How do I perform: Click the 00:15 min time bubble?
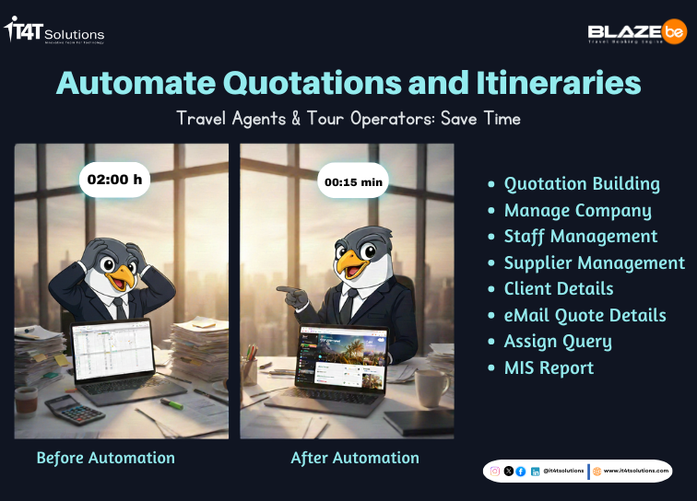pyautogui.click(x=353, y=181)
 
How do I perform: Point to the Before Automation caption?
pyautogui.click(x=105, y=458)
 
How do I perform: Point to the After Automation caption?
pyautogui.click(x=355, y=458)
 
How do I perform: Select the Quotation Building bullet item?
pyautogui.click(x=581, y=183)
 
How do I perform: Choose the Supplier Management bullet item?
pyautogui.click(x=594, y=262)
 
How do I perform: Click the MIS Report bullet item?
pyautogui.click(x=549, y=368)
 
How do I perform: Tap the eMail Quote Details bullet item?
pyautogui.click(x=585, y=315)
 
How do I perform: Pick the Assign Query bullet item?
pyautogui.click(x=557, y=342)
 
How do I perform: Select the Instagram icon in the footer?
pyautogui.click(x=495, y=471)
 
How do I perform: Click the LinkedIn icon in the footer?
pyautogui.click(x=536, y=471)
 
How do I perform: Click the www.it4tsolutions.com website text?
pyautogui.click(x=635, y=471)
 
